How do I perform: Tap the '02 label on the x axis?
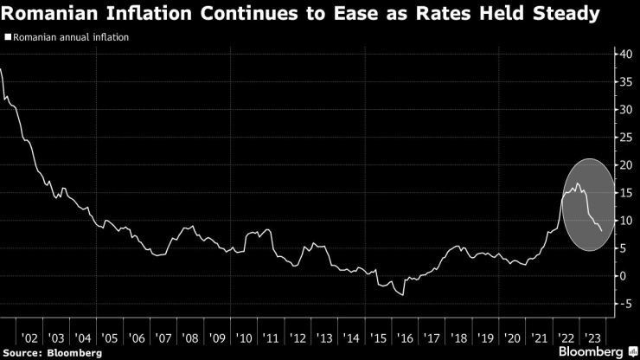29,338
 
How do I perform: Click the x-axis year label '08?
190,338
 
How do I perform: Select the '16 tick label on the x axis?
404,338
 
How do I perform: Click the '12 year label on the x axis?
298,338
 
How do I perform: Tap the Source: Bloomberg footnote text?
52,353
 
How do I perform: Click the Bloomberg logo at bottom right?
588,352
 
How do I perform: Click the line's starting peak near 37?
3,68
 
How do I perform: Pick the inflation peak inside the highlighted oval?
577,183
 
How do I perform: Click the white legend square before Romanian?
7,37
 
